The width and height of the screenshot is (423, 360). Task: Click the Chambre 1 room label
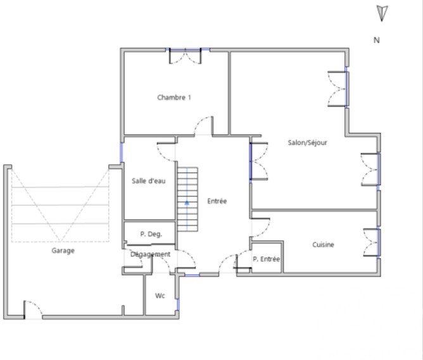(x=174, y=98)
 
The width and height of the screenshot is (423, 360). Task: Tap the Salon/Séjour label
(x=307, y=143)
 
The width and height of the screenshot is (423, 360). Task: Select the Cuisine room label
(x=323, y=245)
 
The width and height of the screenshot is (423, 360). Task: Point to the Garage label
(x=63, y=251)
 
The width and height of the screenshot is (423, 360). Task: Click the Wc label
(x=160, y=296)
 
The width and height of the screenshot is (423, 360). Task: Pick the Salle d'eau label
(x=148, y=181)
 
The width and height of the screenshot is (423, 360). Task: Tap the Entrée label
(x=217, y=201)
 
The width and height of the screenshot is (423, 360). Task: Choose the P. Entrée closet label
(x=266, y=259)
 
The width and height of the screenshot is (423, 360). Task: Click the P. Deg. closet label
(x=151, y=234)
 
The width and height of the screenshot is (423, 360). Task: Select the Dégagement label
(x=150, y=254)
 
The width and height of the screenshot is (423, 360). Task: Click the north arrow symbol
(x=382, y=13)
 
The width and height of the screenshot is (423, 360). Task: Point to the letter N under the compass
(x=377, y=40)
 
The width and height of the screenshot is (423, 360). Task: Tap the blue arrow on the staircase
(x=187, y=203)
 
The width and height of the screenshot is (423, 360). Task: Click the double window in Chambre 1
(x=185, y=56)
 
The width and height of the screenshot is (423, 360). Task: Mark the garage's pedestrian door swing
(x=33, y=310)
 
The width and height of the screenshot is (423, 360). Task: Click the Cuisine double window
(x=372, y=242)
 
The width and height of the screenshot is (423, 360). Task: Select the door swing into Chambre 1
(x=204, y=125)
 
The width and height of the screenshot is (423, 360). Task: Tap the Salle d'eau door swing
(x=166, y=152)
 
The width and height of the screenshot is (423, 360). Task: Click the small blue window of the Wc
(x=178, y=305)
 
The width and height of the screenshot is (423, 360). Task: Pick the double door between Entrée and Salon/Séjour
(x=258, y=161)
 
